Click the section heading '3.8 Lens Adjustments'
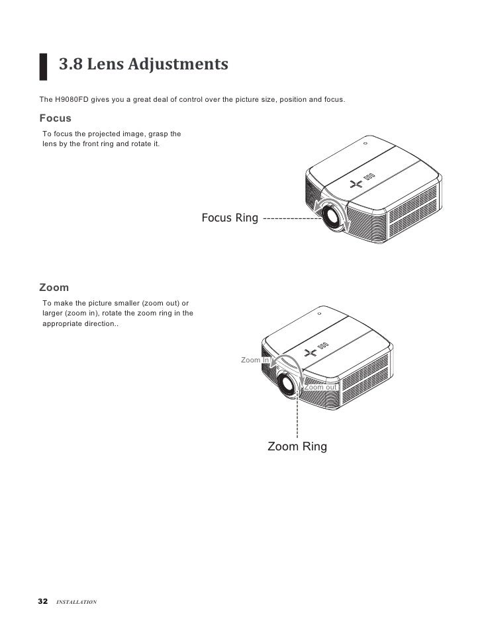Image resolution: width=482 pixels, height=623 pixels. tap(144, 64)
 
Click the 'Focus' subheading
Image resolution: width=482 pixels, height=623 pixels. tap(55, 118)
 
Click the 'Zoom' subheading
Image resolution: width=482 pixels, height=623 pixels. tap(54, 288)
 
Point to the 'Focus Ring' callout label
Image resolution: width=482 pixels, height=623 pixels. tap(229, 218)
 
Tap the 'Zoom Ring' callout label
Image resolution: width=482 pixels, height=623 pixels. tap(297, 447)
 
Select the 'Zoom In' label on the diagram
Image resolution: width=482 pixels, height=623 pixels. tap(254, 360)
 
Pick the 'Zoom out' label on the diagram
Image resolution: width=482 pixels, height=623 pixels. tap(320, 387)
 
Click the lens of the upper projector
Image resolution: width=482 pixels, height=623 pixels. tap(334, 221)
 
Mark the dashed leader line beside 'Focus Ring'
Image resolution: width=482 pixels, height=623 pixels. tap(291, 218)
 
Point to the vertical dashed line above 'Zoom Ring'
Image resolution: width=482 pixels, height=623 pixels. tap(297, 417)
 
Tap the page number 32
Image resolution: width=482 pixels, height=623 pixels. tap(43, 601)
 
